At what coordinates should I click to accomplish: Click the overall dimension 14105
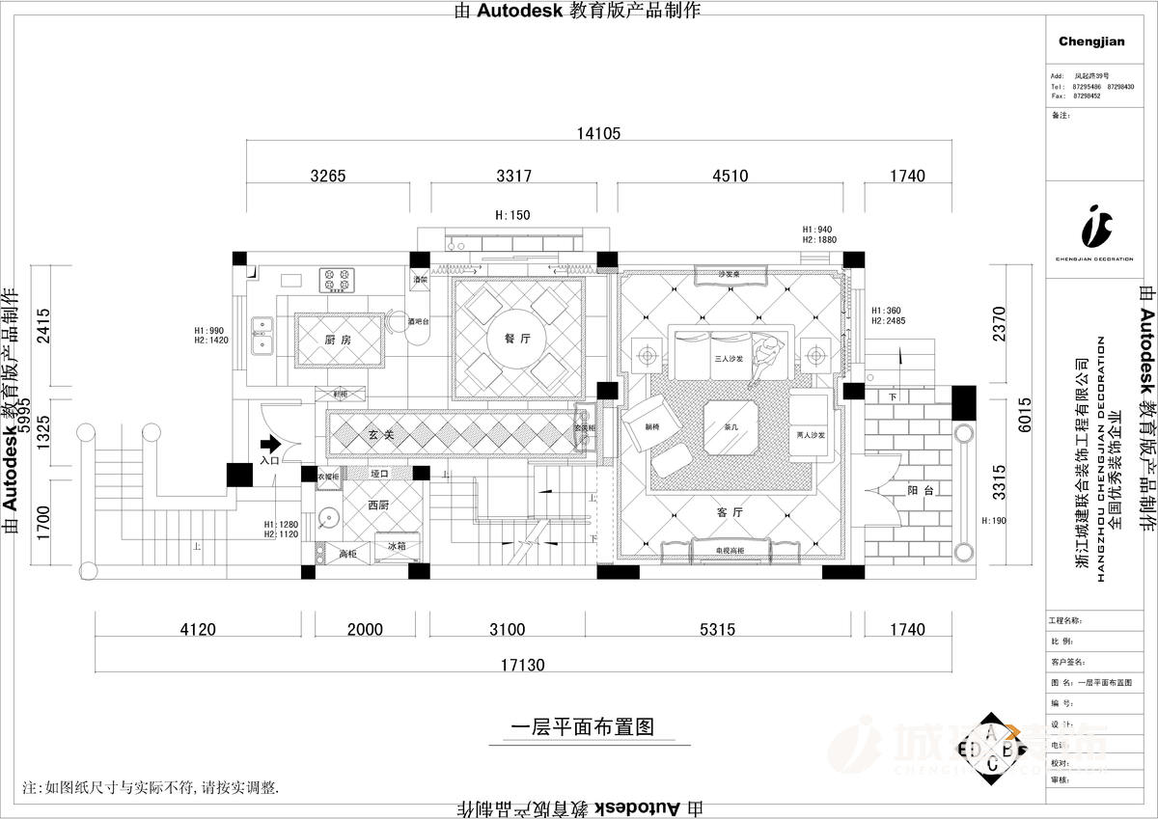pos(598,134)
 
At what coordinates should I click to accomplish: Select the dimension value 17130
pos(523,665)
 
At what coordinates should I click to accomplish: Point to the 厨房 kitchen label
pos(337,340)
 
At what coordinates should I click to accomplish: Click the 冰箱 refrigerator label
pos(397,546)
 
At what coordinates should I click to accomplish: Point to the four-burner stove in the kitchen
pos(337,280)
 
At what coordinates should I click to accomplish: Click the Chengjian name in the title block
pos(1091,41)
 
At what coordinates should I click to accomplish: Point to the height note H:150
pos(512,215)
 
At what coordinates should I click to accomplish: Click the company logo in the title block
pos(1095,226)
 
